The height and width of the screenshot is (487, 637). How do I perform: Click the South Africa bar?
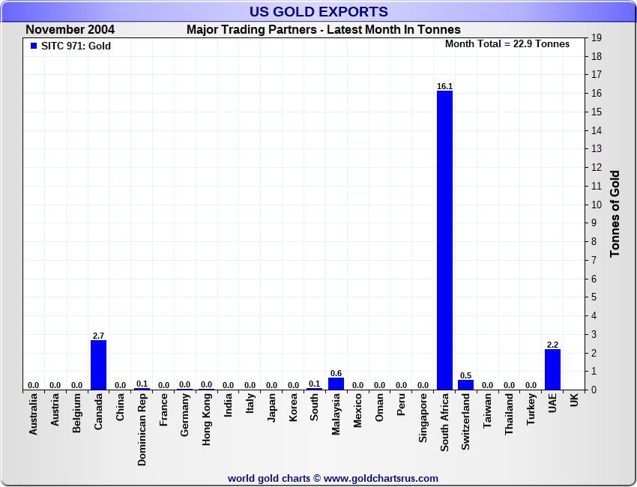click(x=444, y=240)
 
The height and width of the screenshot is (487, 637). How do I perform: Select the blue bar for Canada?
click(x=98, y=365)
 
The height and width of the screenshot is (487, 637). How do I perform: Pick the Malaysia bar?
click(x=336, y=384)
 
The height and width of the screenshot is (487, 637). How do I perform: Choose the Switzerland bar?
click(x=466, y=384)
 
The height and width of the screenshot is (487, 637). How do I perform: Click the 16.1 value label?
click(x=444, y=86)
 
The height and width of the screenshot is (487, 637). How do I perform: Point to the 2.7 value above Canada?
click(x=98, y=336)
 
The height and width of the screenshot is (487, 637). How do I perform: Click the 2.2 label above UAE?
click(x=552, y=345)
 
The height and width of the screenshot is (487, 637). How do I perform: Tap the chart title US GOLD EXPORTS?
click(x=318, y=11)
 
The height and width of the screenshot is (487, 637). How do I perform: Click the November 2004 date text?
click(x=70, y=30)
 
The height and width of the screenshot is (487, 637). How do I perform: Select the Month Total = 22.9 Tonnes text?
click(x=507, y=43)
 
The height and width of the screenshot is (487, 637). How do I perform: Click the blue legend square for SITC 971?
click(x=33, y=46)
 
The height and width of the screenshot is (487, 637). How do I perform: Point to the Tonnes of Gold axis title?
click(x=615, y=214)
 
